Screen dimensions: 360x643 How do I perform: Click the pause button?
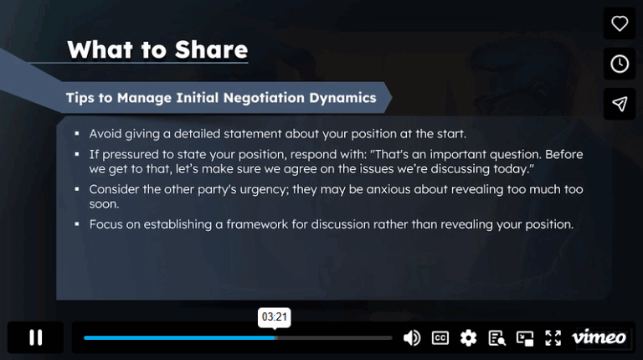[x=35, y=337]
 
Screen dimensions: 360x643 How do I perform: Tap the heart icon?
[x=620, y=23]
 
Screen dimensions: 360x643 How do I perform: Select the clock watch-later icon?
[x=620, y=64]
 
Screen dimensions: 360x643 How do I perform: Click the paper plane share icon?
[x=620, y=104]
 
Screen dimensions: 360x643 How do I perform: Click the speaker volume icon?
[x=412, y=337]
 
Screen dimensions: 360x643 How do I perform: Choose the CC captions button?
[x=440, y=337]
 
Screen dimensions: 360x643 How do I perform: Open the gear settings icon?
[x=468, y=337]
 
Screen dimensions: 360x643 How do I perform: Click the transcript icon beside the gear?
[x=496, y=337]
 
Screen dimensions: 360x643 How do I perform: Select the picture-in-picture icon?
[x=525, y=337]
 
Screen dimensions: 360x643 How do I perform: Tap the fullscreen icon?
[x=553, y=337]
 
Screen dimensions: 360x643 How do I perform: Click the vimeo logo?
[x=599, y=337]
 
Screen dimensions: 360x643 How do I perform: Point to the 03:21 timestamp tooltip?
[x=275, y=317]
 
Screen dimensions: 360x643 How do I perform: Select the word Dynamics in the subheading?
[x=344, y=98]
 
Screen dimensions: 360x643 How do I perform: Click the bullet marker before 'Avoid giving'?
[x=76, y=134]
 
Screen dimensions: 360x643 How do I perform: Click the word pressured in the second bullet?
[x=130, y=155]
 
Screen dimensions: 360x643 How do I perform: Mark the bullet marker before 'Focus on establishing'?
[x=76, y=224]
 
